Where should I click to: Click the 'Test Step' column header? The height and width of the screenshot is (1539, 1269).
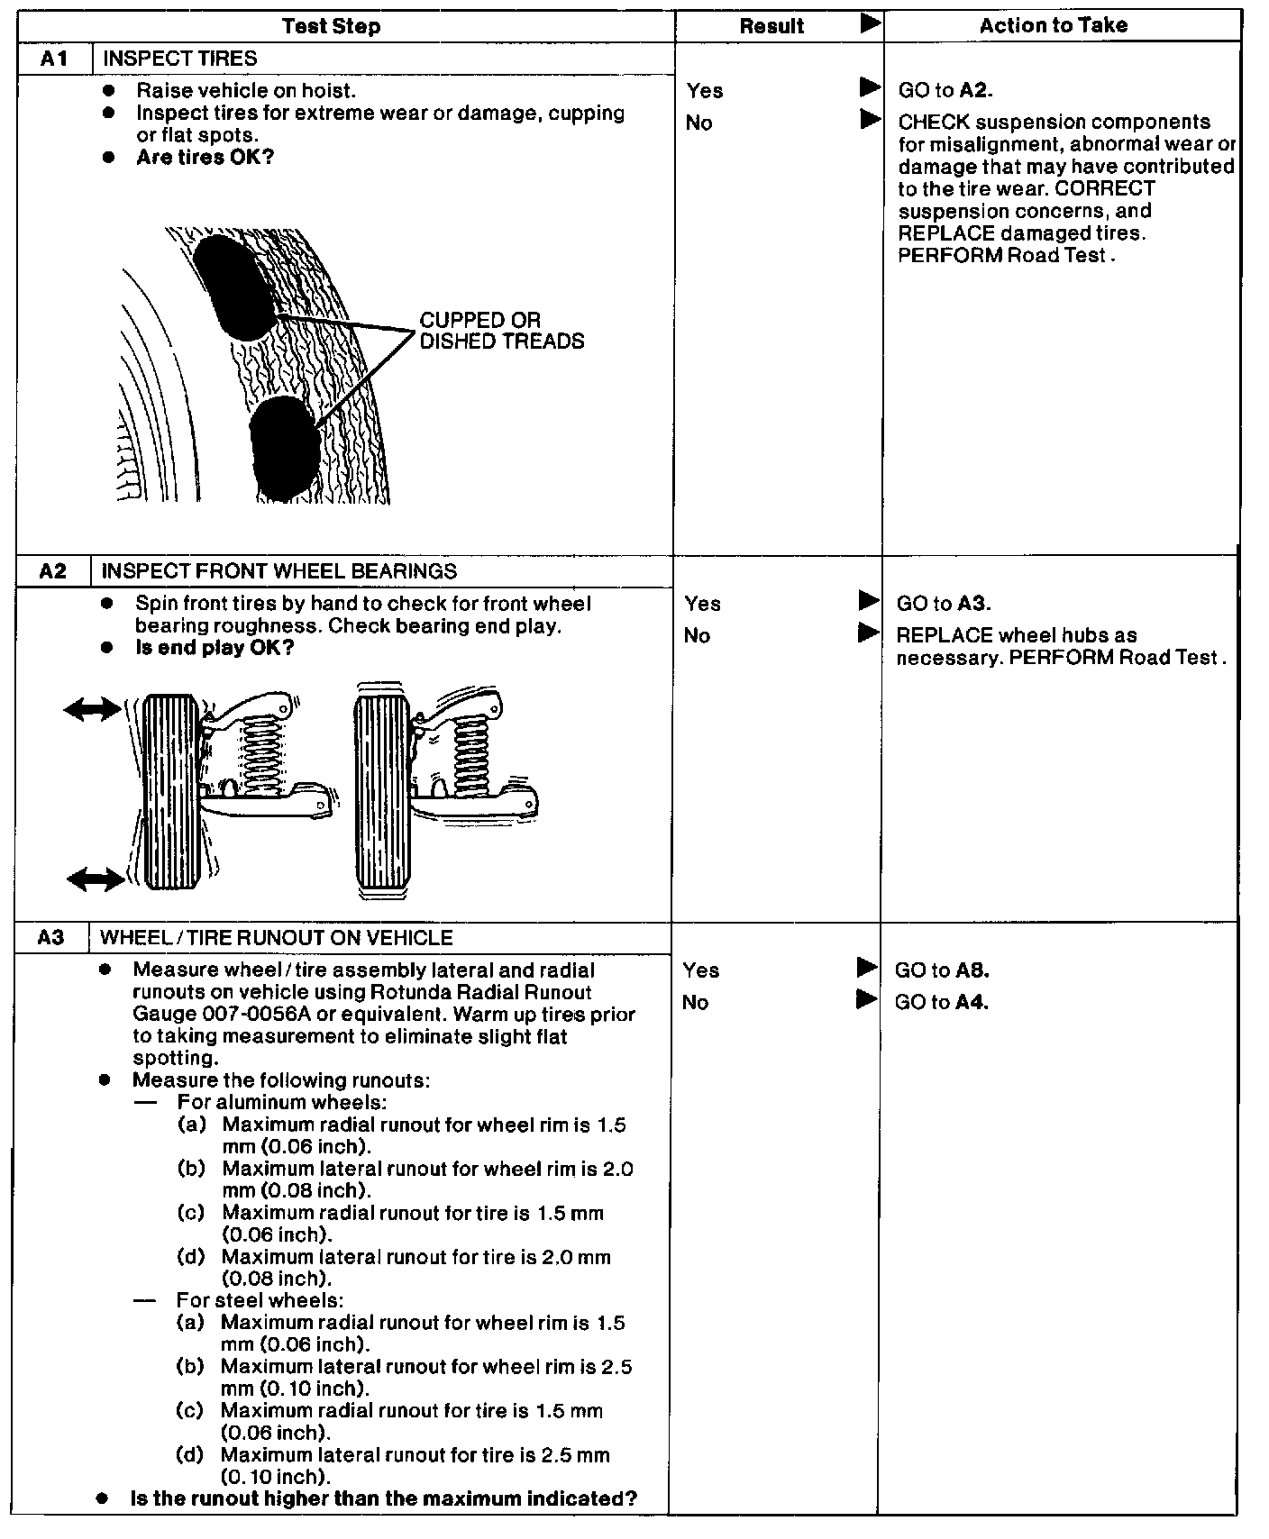(331, 26)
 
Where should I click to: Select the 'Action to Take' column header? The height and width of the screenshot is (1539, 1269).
(1053, 25)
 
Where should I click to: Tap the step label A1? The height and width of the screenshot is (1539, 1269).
(54, 59)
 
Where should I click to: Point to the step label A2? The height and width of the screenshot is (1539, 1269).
(53, 571)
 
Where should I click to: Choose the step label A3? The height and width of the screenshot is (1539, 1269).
(51, 938)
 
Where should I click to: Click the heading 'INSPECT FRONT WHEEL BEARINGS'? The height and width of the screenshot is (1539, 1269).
(279, 571)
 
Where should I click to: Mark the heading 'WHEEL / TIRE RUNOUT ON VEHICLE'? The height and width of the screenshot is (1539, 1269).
(276, 938)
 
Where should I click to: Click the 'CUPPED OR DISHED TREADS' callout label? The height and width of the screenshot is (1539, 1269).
(501, 331)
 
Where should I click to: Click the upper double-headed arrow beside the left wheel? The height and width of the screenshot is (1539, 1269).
(92, 710)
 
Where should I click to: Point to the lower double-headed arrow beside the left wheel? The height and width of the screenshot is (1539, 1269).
(96, 878)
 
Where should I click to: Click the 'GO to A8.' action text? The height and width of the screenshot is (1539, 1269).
(942, 970)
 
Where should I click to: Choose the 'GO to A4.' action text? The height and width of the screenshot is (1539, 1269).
(942, 1002)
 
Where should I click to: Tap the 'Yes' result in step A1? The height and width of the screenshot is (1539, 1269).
(704, 91)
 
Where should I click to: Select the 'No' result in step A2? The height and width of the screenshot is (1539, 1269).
(697, 636)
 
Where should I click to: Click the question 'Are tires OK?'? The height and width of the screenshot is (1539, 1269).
(205, 158)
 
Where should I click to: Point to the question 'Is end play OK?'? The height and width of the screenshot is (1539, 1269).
(215, 648)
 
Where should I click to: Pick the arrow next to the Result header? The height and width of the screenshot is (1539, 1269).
(870, 24)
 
